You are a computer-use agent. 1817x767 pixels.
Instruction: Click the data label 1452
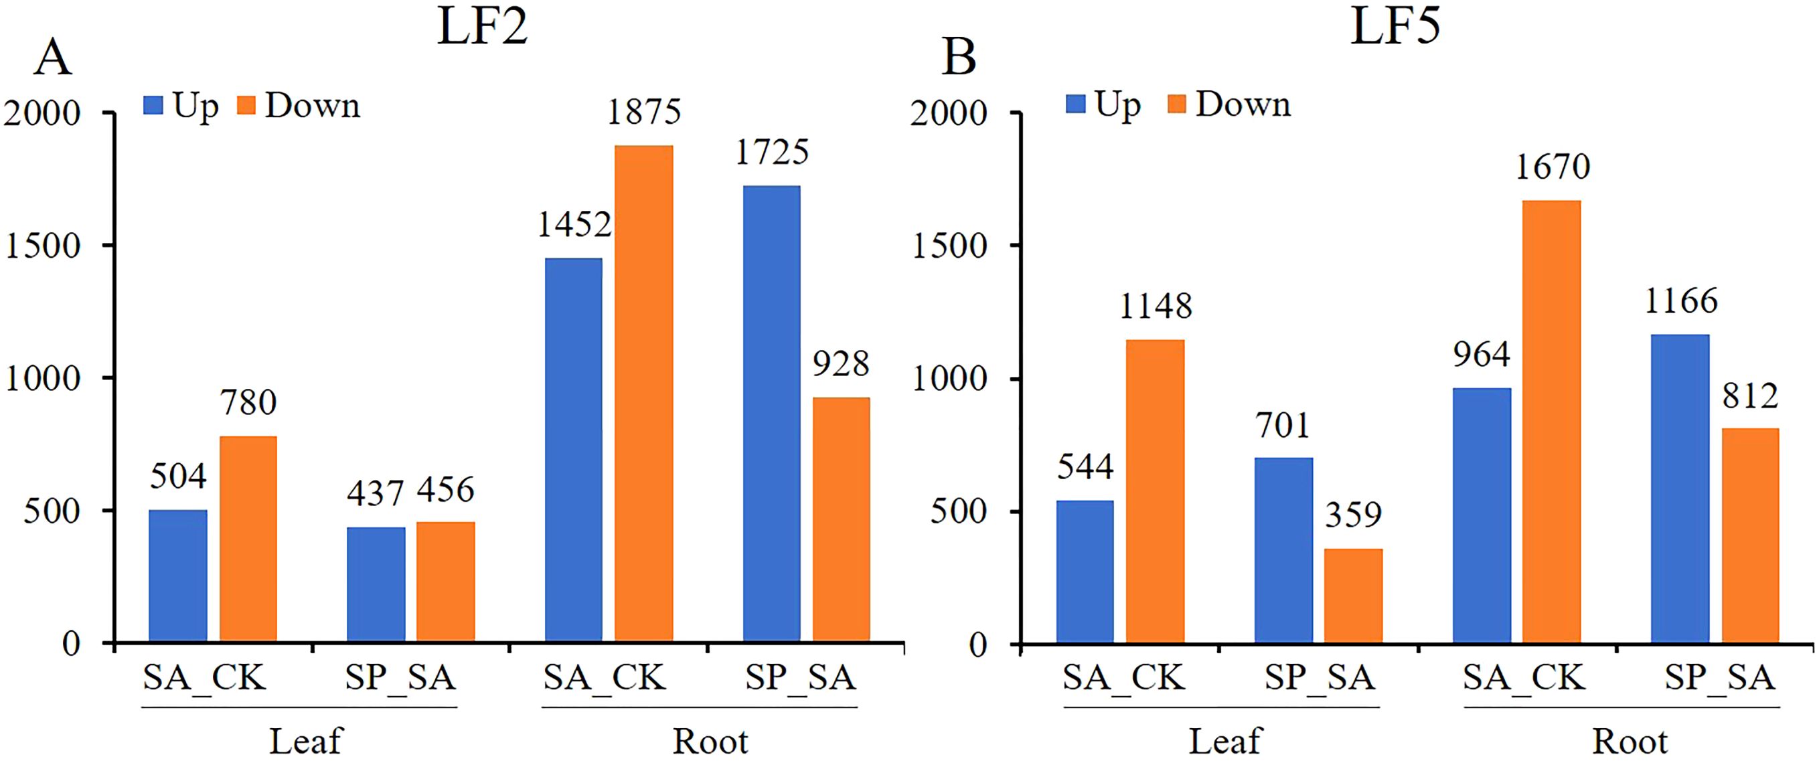[574, 225]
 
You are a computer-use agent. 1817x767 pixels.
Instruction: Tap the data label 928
[840, 365]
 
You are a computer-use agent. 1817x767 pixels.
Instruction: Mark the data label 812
[1750, 396]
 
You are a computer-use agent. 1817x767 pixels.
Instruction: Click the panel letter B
[959, 58]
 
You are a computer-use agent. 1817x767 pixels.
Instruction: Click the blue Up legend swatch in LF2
[153, 106]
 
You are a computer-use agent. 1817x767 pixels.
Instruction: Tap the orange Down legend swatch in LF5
[1176, 104]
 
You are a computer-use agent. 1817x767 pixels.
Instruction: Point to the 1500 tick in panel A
[42, 246]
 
